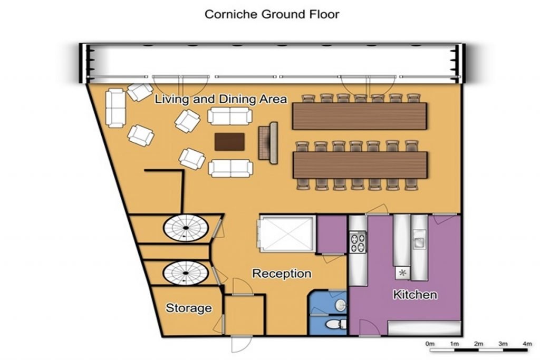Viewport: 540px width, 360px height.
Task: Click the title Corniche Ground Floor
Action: (x=272, y=14)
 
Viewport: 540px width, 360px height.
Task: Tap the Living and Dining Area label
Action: (x=221, y=99)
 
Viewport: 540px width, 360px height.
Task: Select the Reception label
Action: (x=282, y=274)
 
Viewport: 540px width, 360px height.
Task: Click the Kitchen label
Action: (x=415, y=295)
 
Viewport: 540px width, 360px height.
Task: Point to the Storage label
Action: (x=189, y=308)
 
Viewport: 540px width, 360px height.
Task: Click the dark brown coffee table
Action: (x=230, y=142)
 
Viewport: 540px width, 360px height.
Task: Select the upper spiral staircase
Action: (x=186, y=228)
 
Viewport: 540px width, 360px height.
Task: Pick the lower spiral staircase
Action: (x=186, y=273)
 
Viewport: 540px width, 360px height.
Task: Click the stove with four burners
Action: (x=358, y=242)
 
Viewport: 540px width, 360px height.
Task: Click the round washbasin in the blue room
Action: (x=341, y=305)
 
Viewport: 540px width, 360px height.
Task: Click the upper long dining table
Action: (x=360, y=116)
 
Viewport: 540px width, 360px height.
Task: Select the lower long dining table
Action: (x=360, y=165)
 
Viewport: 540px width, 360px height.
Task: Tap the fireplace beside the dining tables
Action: (x=268, y=143)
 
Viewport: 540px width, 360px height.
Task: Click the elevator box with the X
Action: (x=286, y=234)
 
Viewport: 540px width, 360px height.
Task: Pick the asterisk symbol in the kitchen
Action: (x=402, y=273)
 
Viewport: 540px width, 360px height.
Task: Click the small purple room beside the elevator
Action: (x=332, y=234)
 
